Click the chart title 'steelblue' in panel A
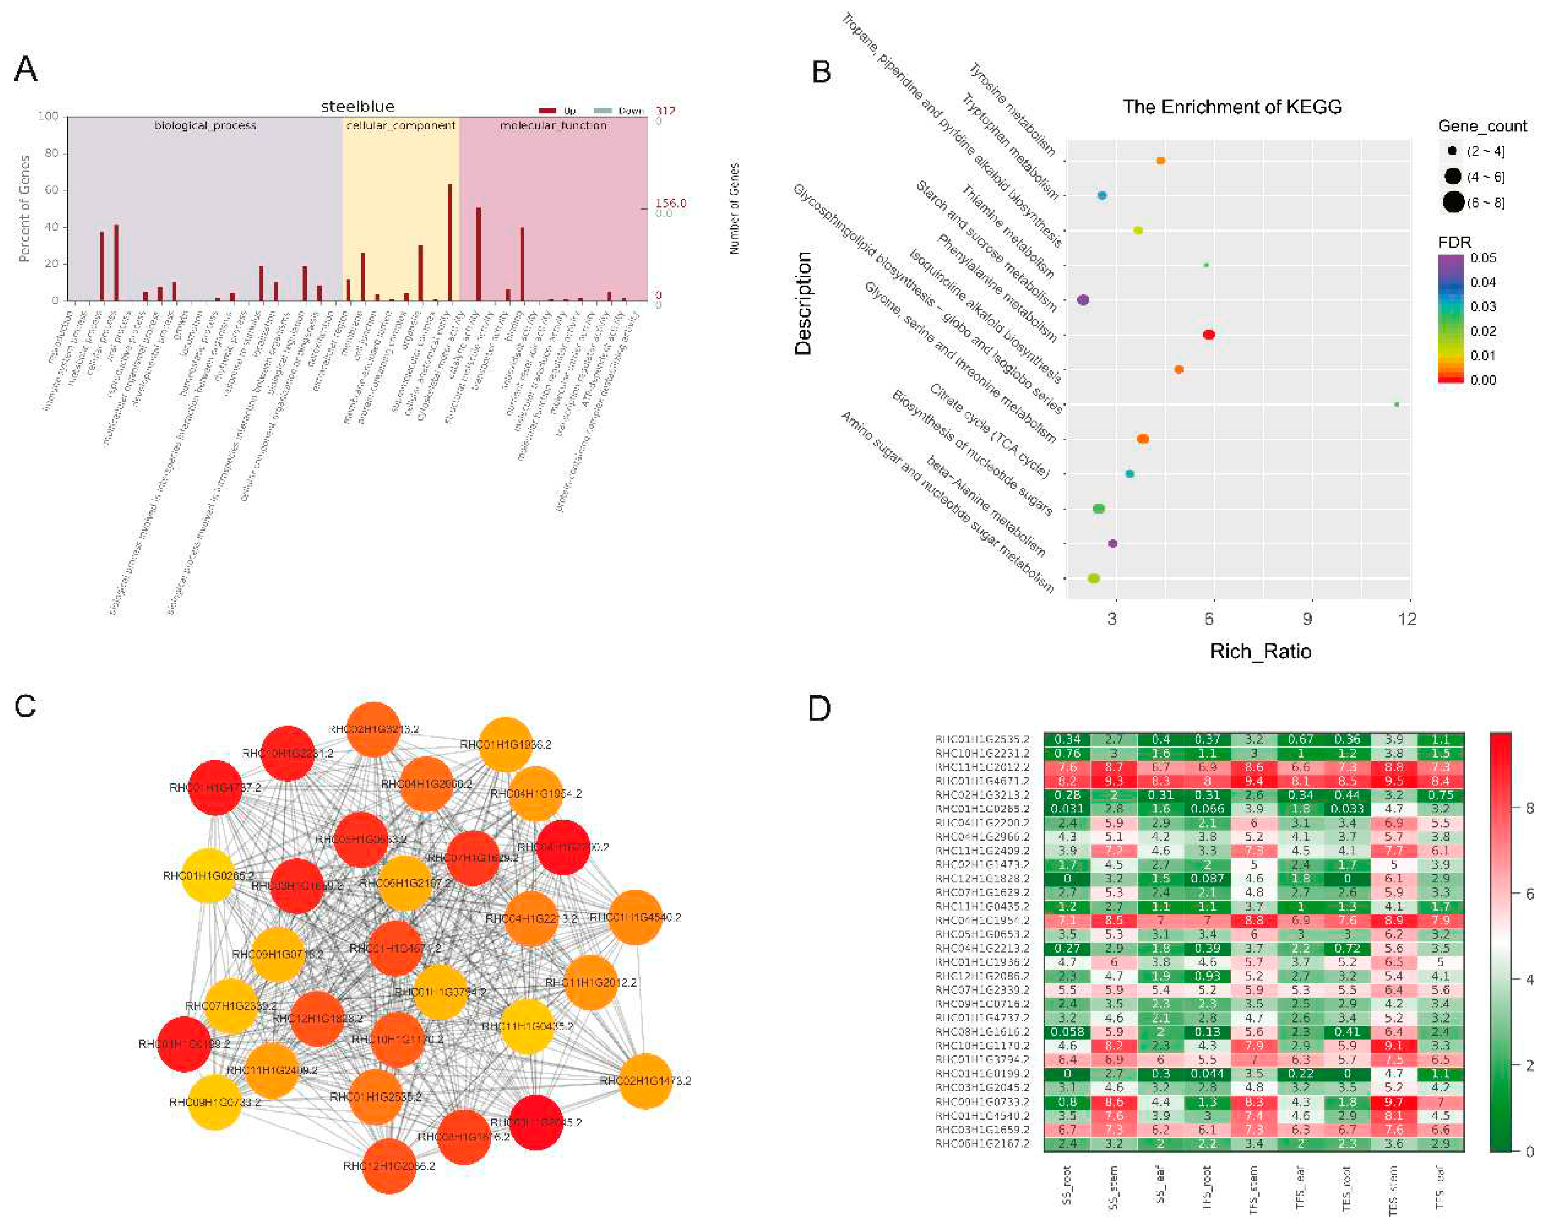(x=357, y=106)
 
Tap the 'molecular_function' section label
(x=553, y=126)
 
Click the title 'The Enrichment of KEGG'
(x=1232, y=107)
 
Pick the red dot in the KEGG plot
(x=1209, y=335)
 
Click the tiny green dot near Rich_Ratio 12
(x=1397, y=404)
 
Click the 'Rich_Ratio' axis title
(x=1260, y=652)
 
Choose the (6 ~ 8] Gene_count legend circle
(x=1453, y=203)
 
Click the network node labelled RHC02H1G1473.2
(x=645, y=1081)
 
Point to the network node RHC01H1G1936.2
(x=506, y=745)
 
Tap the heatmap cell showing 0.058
(x=1067, y=1032)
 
